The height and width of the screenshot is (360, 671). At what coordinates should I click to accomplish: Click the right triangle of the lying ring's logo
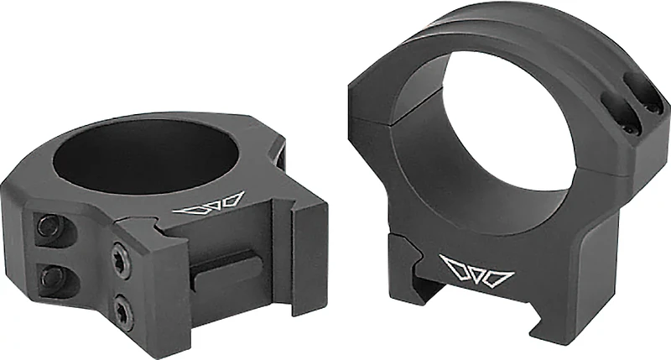tap(232, 200)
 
